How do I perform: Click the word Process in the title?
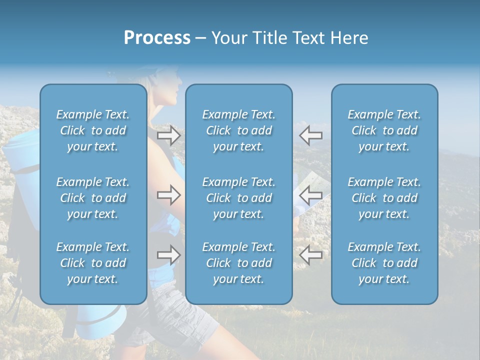pos(157,38)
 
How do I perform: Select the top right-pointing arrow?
pos(169,135)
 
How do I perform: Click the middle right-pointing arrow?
pos(169,195)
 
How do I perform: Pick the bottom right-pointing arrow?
pos(169,255)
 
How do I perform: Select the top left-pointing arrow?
pos(311,135)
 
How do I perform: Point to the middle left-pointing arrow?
pos(311,195)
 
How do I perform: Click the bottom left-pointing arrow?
pos(311,255)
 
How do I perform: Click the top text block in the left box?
pos(93,130)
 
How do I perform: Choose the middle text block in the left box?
pos(93,198)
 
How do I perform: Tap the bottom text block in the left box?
pos(93,263)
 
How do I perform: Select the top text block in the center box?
pos(238,130)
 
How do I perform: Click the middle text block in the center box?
pos(238,198)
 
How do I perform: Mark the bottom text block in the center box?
pos(238,263)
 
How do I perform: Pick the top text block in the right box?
pos(384,130)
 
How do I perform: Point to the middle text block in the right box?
pos(384,198)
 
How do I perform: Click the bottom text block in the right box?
pos(384,263)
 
